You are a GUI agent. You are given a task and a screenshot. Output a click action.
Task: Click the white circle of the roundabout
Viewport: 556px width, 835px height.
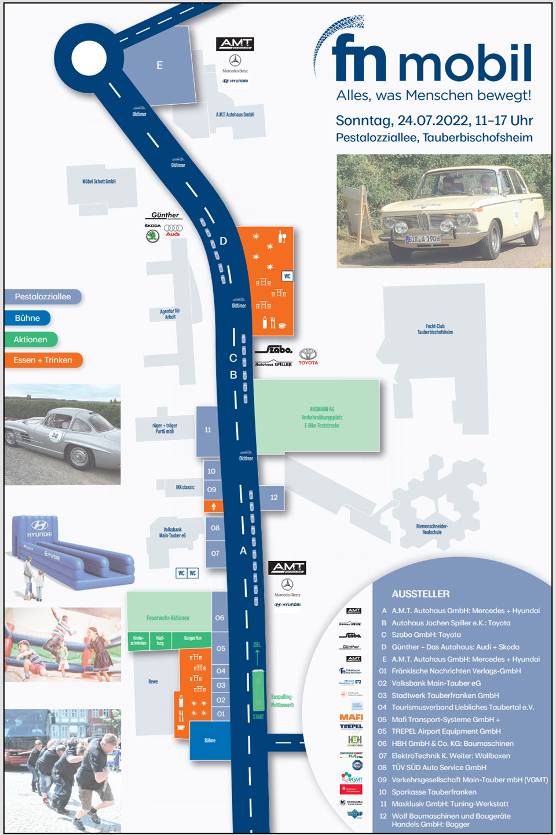[89, 58]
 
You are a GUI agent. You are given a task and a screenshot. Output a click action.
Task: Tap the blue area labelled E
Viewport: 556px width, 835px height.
[159, 65]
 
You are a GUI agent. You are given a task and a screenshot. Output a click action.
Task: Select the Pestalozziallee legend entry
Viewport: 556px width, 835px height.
[43, 296]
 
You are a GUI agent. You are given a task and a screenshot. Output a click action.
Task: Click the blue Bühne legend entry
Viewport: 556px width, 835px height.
[27, 318]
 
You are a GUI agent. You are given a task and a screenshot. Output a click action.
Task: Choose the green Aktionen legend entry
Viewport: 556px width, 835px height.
[31, 339]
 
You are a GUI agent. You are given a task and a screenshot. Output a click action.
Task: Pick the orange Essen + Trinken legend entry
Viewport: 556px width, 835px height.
[43, 360]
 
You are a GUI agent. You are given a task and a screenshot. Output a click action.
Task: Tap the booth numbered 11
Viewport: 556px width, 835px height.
[208, 430]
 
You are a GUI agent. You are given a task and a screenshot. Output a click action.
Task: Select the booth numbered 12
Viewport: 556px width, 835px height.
[274, 497]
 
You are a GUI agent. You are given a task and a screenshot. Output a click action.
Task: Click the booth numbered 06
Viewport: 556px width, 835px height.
[220, 618]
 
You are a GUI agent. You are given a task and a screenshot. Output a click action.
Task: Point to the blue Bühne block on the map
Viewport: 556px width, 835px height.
[210, 741]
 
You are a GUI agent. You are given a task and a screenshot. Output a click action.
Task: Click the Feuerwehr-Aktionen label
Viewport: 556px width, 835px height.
[168, 618]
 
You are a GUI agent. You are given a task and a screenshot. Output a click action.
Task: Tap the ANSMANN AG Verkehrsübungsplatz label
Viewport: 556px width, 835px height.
[322, 417]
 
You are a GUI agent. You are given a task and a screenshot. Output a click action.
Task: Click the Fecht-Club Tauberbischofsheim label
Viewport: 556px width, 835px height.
[435, 329]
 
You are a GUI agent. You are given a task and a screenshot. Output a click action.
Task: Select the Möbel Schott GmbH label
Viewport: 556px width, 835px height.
[99, 181]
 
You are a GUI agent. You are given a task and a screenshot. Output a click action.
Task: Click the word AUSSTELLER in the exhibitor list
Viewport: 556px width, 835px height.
[420, 594]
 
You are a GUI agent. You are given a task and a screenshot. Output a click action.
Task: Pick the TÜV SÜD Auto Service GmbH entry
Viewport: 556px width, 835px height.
[438, 767]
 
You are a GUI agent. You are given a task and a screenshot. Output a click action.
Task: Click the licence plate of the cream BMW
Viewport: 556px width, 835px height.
[423, 239]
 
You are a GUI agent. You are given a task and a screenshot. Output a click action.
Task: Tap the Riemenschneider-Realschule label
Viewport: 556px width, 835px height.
[431, 529]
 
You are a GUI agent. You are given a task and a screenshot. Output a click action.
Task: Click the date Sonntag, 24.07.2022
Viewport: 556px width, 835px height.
[403, 120]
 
